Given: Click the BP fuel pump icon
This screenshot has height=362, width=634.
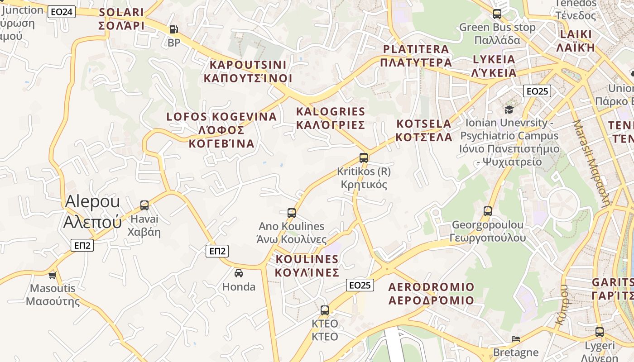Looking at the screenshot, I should (x=173, y=30).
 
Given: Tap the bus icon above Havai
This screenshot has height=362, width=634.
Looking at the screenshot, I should (x=144, y=205).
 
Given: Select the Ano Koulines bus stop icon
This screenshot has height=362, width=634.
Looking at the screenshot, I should (x=292, y=213).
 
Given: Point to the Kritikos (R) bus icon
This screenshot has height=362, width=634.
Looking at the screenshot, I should (x=364, y=158).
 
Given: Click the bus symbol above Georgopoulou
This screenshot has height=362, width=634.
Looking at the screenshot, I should (x=488, y=211).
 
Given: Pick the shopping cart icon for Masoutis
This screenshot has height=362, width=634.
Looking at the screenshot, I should (x=53, y=275).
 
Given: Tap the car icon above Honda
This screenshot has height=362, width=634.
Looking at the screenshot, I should (x=239, y=273).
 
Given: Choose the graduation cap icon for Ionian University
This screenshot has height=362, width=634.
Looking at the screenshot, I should (x=509, y=110).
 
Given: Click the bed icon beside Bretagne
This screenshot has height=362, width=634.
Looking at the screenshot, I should (x=516, y=338).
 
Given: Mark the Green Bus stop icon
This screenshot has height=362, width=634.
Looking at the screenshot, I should (x=497, y=14).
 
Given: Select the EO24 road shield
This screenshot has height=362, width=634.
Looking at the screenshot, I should (x=62, y=12).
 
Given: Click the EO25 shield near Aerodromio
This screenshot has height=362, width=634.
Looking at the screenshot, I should (x=360, y=285).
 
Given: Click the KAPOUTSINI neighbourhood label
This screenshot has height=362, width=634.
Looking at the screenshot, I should (x=248, y=71).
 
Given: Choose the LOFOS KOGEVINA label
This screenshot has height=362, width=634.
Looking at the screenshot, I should (x=221, y=130).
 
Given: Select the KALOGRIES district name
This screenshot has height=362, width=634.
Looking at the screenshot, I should (x=330, y=118).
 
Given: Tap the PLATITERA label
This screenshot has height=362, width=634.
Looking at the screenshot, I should (x=416, y=56).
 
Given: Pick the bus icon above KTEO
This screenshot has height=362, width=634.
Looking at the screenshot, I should (x=325, y=310).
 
